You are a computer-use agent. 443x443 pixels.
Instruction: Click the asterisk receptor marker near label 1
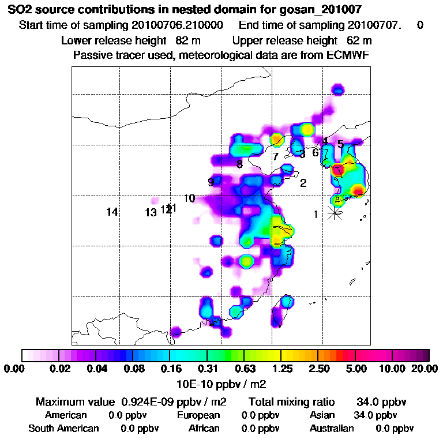coord(335,213)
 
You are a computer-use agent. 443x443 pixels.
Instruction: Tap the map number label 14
coord(112,212)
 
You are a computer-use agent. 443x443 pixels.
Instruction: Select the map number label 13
coord(151,213)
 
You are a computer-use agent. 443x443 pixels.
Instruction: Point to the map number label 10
coord(189,199)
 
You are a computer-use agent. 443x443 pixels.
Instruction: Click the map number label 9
coord(211,182)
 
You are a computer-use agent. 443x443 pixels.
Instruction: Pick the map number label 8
coord(239,164)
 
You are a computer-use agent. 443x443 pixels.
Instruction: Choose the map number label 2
coord(303,184)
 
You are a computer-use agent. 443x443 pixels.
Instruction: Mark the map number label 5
coord(340,144)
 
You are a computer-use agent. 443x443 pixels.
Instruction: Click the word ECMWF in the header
coord(350,55)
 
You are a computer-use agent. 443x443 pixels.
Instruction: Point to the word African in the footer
coord(204,429)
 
